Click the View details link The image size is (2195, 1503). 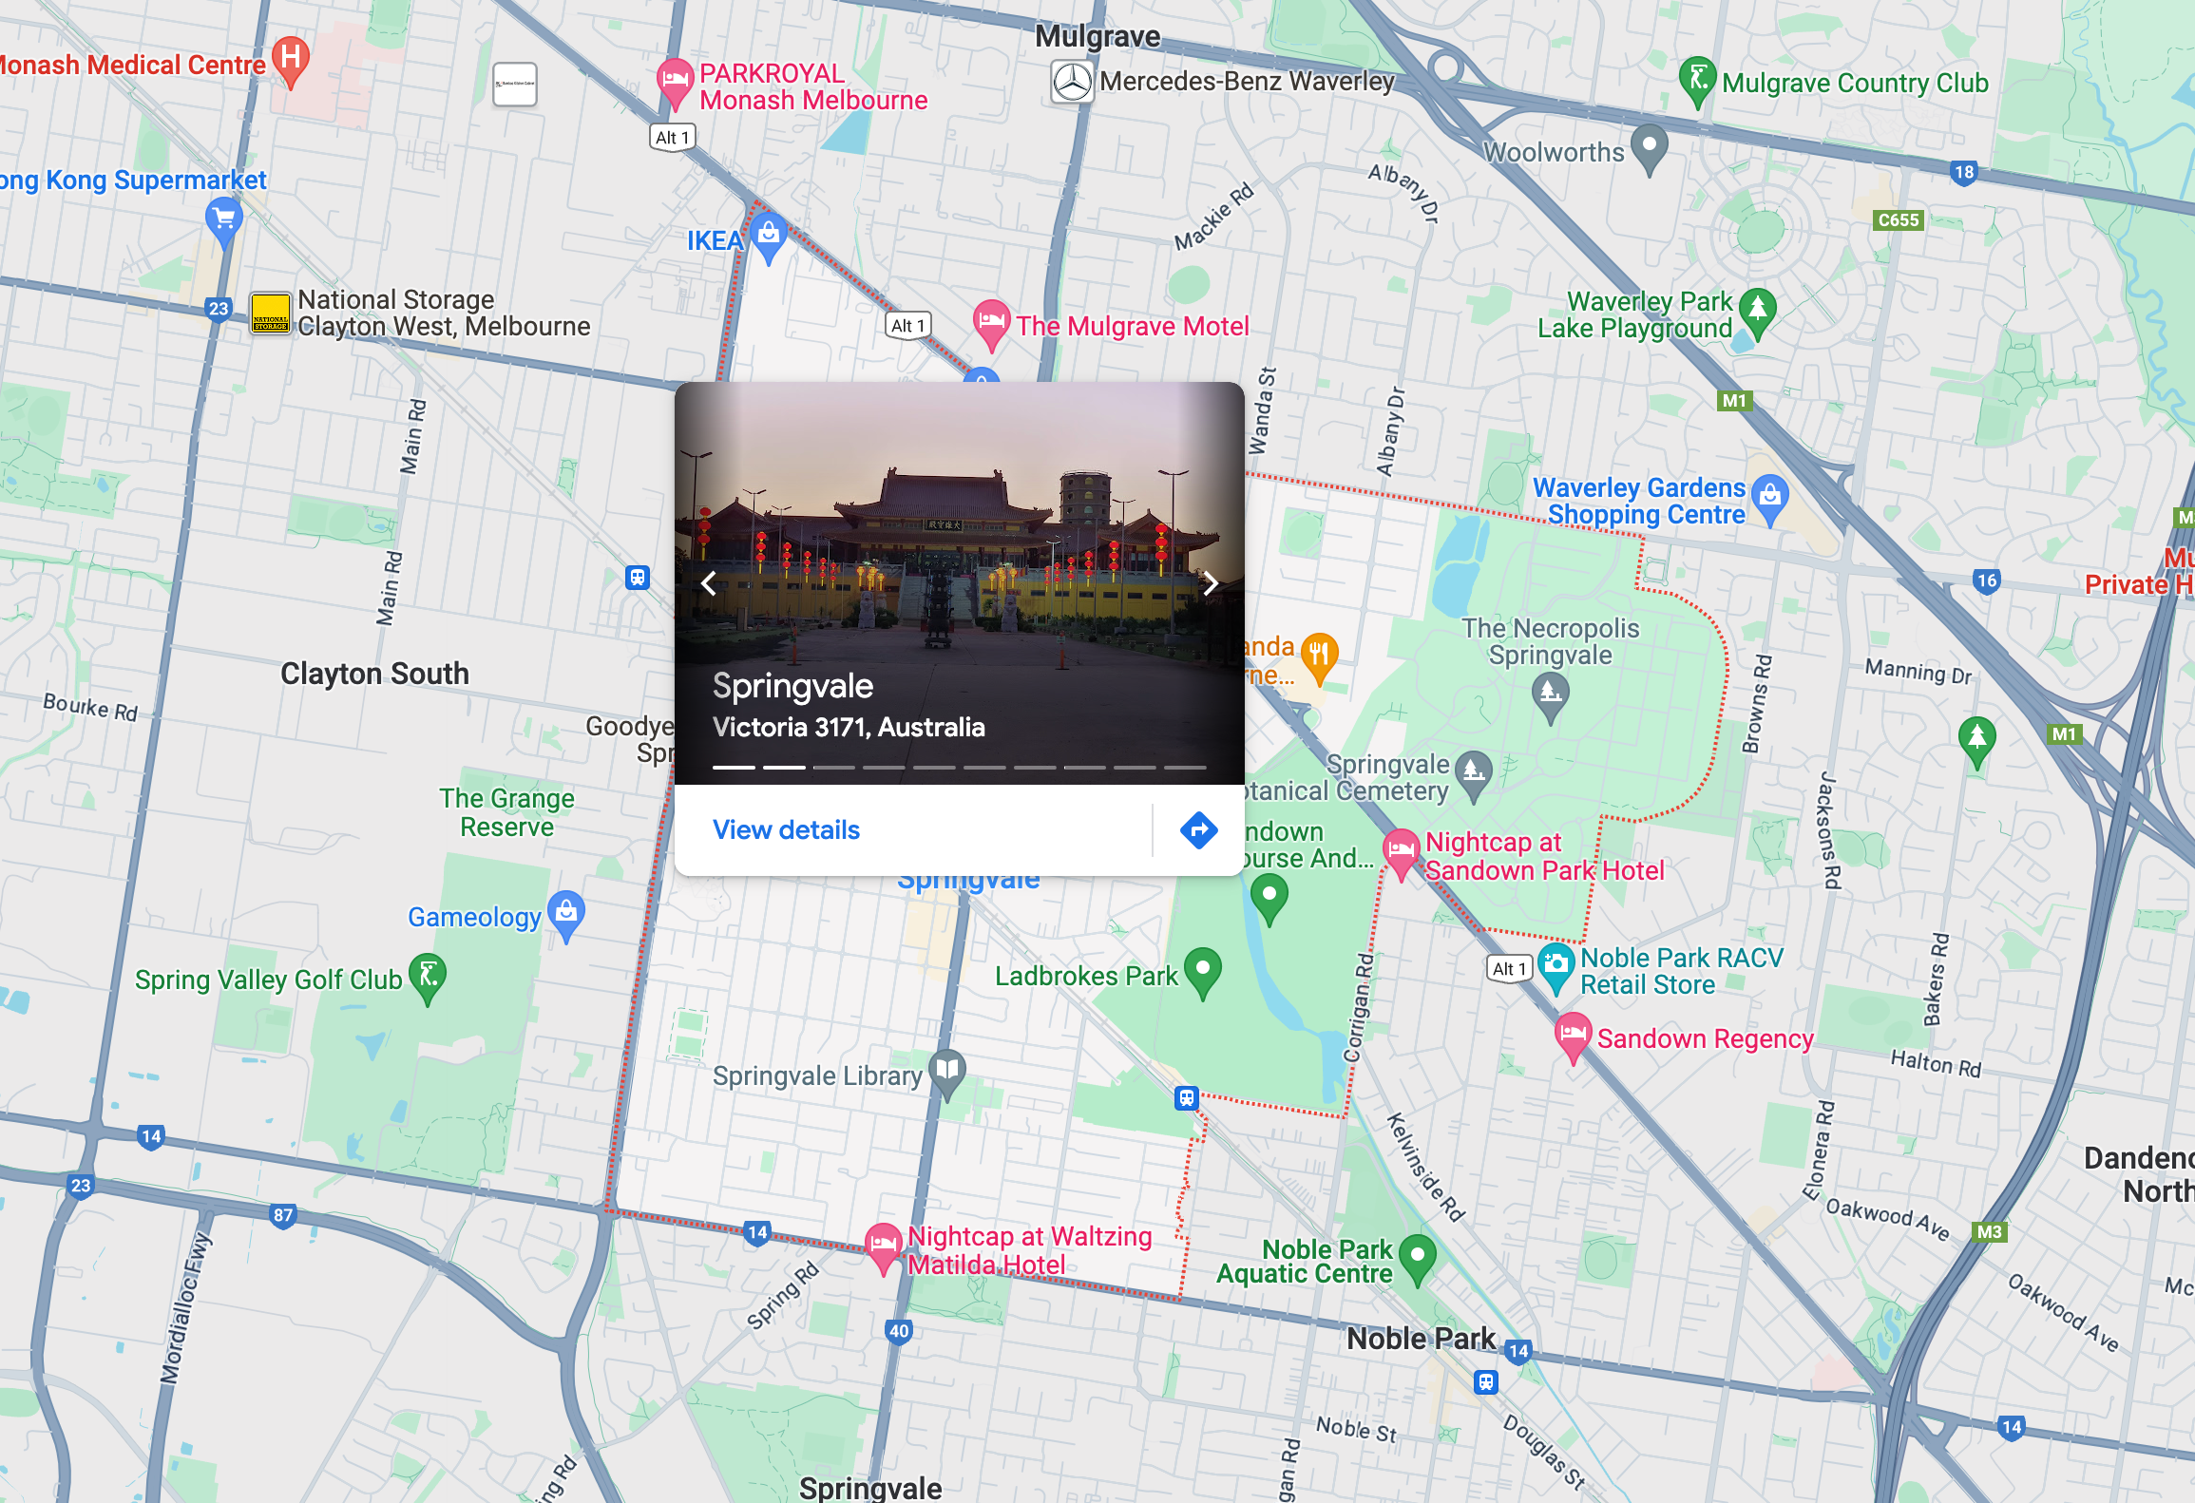point(786,829)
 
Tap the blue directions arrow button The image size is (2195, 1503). point(1198,829)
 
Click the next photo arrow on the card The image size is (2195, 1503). point(1210,583)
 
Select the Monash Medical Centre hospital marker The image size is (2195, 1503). point(291,58)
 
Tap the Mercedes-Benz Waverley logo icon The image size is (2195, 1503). point(1072,82)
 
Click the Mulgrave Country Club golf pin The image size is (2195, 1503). point(1696,79)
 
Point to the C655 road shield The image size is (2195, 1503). point(1898,219)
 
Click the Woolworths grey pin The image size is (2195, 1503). point(1649,146)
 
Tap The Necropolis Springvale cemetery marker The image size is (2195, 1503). point(1550,693)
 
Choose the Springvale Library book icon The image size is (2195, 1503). point(946,1071)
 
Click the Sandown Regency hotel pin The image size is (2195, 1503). point(1572,1034)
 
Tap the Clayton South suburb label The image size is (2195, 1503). point(374,674)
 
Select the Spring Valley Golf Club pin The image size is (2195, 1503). point(428,975)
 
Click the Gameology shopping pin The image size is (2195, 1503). point(566,913)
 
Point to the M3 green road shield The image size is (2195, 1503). point(1989,1231)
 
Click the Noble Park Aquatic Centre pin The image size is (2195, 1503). point(1417,1256)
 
